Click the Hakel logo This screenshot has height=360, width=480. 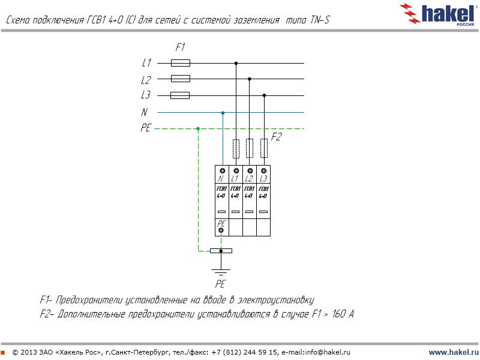(x=439, y=14)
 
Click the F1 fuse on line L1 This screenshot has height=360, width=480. (x=181, y=63)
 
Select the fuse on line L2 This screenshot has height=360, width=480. (x=181, y=79)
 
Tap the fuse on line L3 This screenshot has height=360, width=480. (x=179, y=95)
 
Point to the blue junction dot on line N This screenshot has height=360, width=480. (x=223, y=113)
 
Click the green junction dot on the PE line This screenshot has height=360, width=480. (x=198, y=128)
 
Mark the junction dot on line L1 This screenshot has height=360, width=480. (x=236, y=64)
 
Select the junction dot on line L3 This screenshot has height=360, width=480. (x=264, y=95)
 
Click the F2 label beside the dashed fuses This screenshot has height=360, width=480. (x=276, y=137)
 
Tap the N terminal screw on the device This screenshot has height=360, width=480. (x=223, y=171)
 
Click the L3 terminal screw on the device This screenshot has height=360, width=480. (x=263, y=171)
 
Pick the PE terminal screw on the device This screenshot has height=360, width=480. (x=221, y=230)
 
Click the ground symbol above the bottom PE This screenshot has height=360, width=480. (x=221, y=272)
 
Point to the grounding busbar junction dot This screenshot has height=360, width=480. (x=221, y=251)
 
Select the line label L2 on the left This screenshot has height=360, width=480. (x=146, y=80)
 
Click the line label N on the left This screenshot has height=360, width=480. (x=144, y=112)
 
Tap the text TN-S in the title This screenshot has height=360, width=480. (x=320, y=20)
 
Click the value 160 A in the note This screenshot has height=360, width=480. (x=343, y=314)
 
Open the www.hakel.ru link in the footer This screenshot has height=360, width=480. (x=454, y=352)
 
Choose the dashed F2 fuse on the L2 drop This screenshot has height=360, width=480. (x=250, y=148)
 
